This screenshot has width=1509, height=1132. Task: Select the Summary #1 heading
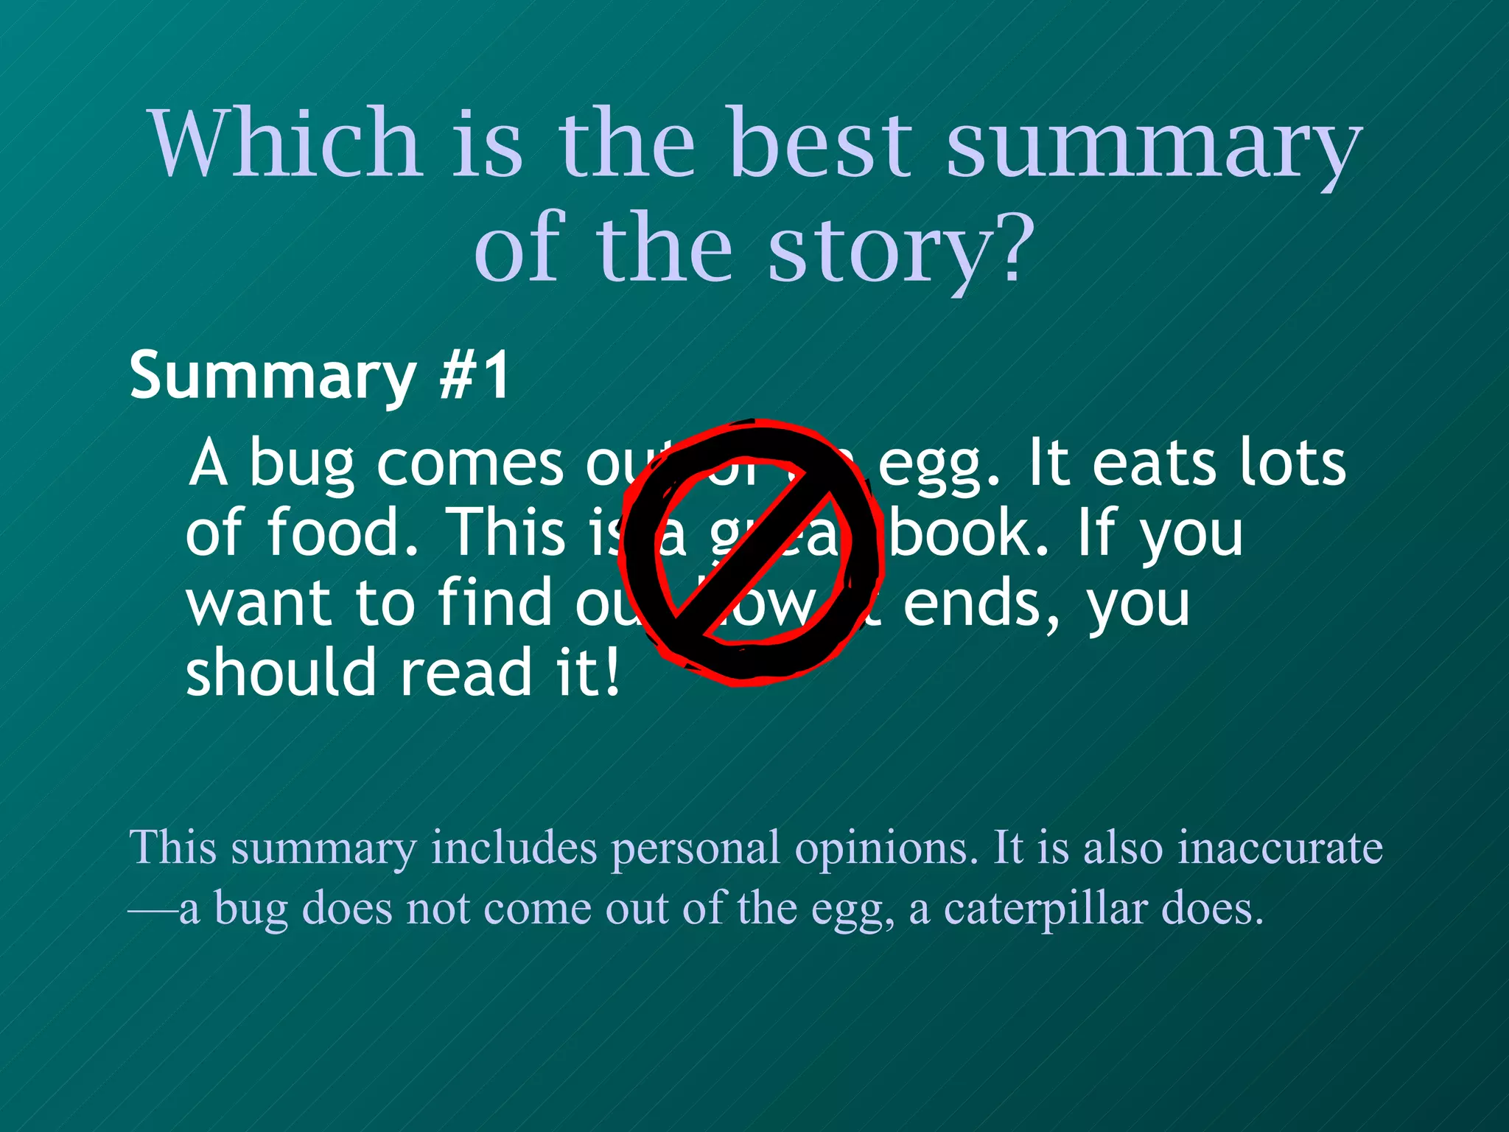(x=319, y=376)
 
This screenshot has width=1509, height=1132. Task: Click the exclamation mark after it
(x=611, y=672)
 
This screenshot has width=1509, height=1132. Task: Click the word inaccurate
(x=1280, y=848)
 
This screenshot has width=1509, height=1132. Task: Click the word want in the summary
(x=258, y=603)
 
